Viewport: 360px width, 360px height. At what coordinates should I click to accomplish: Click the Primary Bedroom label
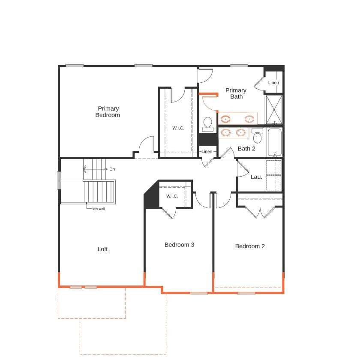[x=108, y=112]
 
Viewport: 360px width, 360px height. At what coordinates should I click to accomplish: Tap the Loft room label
[x=102, y=249]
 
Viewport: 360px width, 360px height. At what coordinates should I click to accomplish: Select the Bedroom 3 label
[x=180, y=245]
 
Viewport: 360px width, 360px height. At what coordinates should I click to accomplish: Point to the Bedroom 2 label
[x=250, y=246]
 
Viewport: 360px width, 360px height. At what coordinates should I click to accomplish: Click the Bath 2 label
[x=246, y=149]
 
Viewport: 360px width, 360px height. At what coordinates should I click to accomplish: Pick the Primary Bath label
[x=236, y=93]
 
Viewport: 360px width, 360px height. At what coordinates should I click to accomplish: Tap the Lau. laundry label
[x=256, y=177]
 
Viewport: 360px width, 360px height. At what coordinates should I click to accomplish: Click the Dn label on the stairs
[x=112, y=169]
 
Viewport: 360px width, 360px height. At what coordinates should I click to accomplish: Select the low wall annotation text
[x=99, y=209]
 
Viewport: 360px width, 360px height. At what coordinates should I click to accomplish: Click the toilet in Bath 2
[x=258, y=137]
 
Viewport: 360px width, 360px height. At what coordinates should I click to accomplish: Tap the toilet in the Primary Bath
[x=208, y=123]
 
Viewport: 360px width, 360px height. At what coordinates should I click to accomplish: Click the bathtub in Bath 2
[x=274, y=142]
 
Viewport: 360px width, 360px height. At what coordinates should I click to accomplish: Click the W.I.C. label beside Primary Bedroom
[x=178, y=128]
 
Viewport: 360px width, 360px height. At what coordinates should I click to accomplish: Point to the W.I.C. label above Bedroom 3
[x=172, y=196]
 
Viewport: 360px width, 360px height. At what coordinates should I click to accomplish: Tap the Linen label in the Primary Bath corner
[x=273, y=83]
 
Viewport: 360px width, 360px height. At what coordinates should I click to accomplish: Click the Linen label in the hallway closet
[x=207, y=151]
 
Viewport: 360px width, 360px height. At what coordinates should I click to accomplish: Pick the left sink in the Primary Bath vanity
[x=226, y=119]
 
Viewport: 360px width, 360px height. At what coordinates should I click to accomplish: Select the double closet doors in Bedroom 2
[x=260, y=212]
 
